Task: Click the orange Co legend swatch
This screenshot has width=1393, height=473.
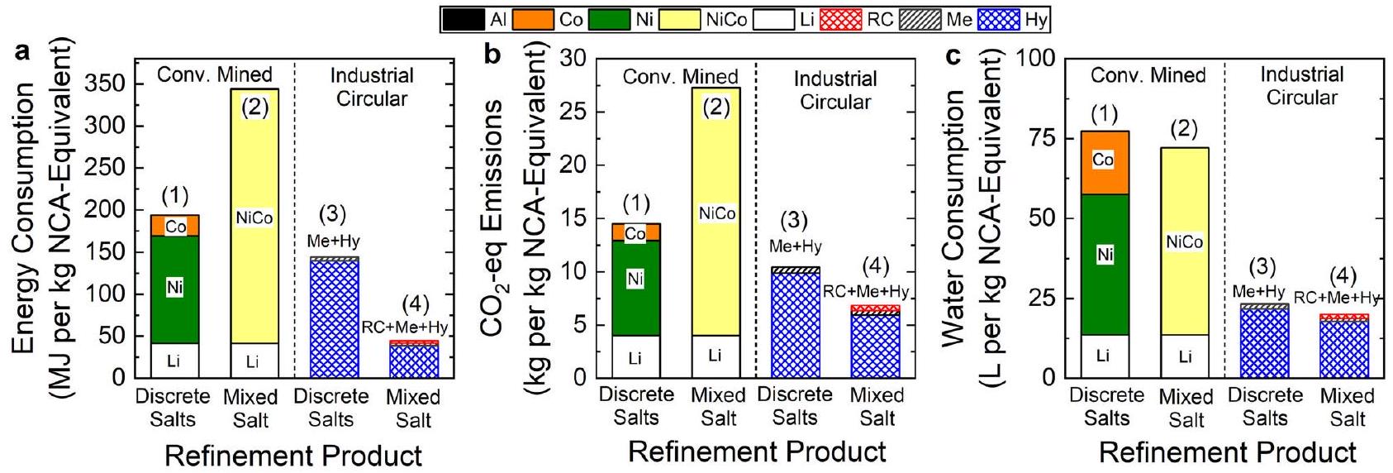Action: pos(534,19)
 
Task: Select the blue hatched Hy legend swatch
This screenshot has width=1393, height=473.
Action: pos(998,19)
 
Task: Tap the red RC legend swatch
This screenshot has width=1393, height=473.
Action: pos(840,19)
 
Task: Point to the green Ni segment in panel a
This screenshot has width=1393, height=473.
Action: pos(174,265)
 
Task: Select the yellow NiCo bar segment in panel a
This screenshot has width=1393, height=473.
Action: pos(254,165)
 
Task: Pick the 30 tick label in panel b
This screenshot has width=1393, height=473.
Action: pos(573,59)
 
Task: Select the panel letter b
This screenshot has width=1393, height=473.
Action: pos(492,55)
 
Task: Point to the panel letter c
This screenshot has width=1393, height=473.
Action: pos(953,56)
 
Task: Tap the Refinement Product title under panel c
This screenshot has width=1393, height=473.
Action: pos(1227,452)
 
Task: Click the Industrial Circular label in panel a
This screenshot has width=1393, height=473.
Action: pos(372,87)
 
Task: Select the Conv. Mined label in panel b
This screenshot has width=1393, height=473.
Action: pos(680,77)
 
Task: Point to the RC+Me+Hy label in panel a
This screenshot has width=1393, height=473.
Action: pos(405,327)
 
